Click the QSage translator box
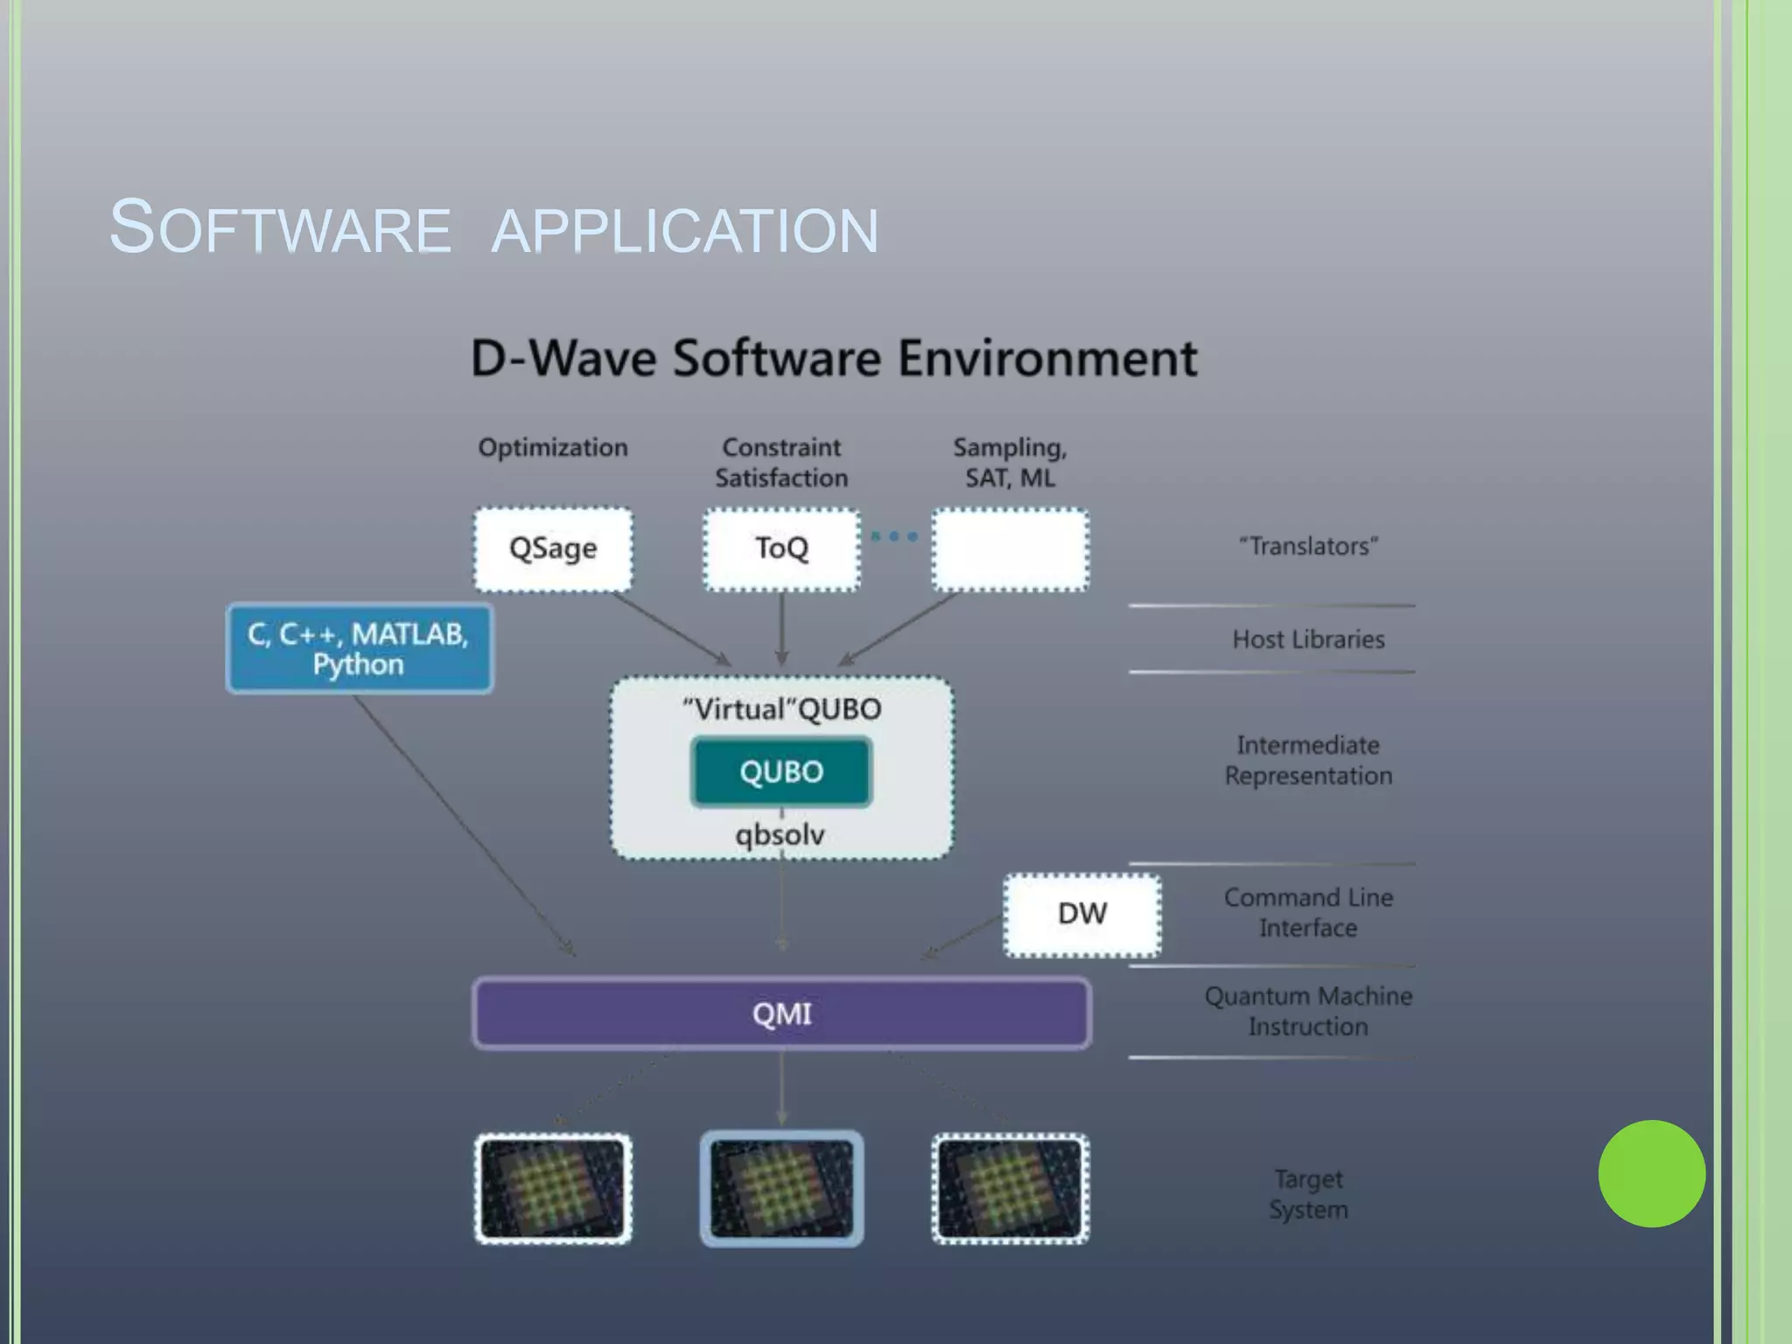click(x=553, y=549)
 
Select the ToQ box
click(x=781, y=549)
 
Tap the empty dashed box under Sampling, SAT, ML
click(x=1011, y=549)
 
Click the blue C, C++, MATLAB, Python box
click(x=360, y=648)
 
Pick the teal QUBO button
click(x=781, y=772)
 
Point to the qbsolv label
click(x=780, y=834)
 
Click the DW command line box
click(x=1082, y=914)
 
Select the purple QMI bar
click(x=781, y=1013)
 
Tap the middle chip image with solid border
click(x=781, y=1188)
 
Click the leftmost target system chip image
click(x=553, y=1188)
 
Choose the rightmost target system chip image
click(x=1011, y=1188)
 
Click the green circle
click(x=1651, y=1173)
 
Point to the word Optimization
click(x=553, y=447)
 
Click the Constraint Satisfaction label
click(x=781, y=462)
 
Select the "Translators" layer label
click(x=1308, y=546)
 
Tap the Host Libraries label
click(x=1308, y=640)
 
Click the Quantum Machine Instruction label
click(x=1308, y=1011)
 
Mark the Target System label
click(x=1308, y=1194)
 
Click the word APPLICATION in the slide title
click(x=685, y=230)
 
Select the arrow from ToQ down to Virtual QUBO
click(x=781, y=628)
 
